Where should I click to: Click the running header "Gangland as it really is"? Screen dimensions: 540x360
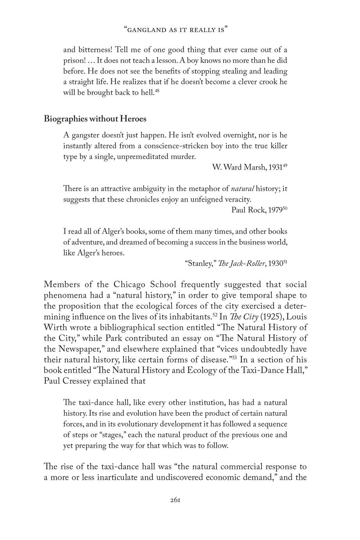(176, 30)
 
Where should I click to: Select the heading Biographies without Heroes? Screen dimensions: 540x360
(95, 118)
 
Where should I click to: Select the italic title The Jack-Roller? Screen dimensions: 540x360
(245, 263)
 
